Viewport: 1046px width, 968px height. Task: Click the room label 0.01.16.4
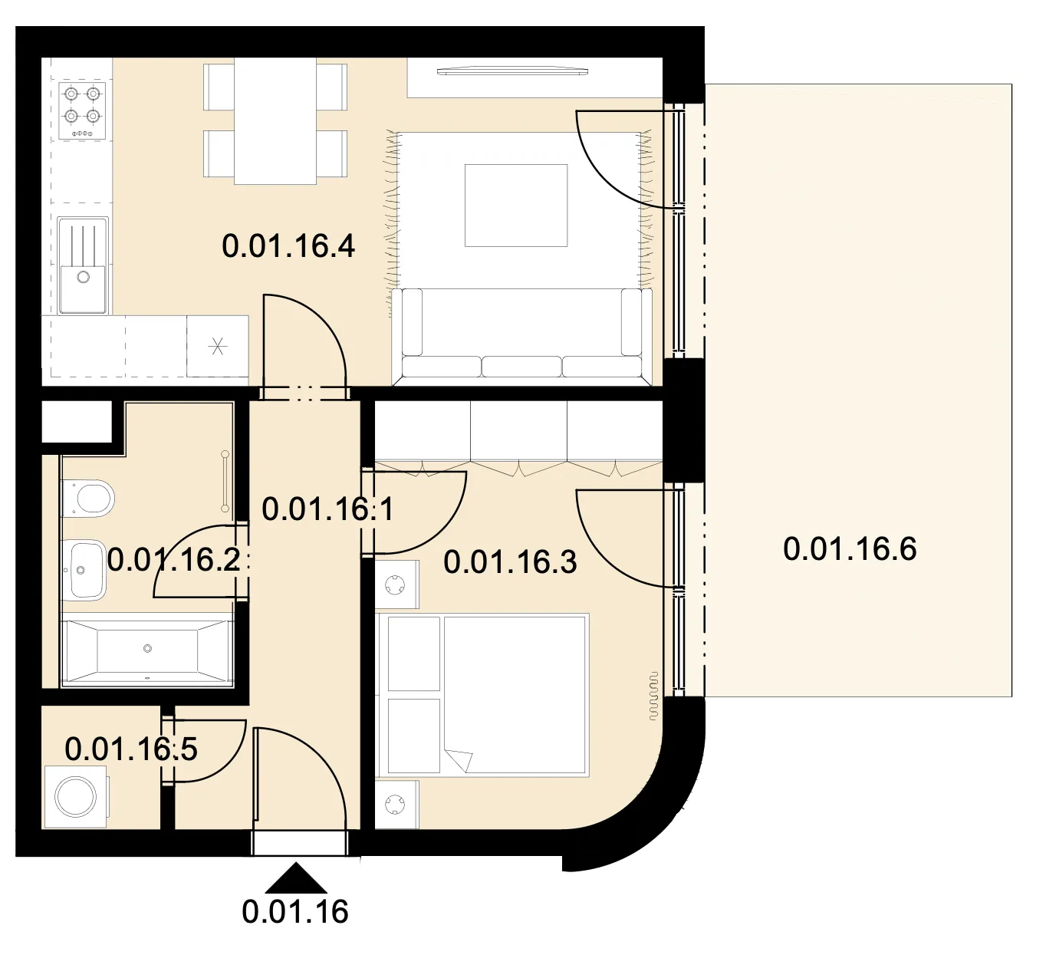click(288, 246)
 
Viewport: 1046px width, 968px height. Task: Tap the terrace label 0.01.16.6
click(850, 548)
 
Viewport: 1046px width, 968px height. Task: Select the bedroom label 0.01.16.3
click(510, 561)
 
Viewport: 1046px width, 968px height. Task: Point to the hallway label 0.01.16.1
click(327, 509)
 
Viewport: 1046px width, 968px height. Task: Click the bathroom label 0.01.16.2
click(174, 560)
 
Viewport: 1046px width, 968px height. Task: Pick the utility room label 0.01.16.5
click(131, 749)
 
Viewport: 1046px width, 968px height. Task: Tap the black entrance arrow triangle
click(295, 878)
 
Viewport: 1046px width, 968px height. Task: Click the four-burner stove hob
click(82, 110)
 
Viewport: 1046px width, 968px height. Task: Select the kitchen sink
click(83, 265)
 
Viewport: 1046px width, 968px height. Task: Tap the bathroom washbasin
click(84, 570)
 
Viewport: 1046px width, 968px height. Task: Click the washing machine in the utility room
click(77, 796)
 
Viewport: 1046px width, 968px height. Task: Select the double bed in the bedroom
click(482, 695)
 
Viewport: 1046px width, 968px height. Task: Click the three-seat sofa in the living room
click(522, 334)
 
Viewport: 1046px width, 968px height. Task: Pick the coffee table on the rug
click(516, 206)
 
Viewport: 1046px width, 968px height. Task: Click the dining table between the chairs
click(275, 120)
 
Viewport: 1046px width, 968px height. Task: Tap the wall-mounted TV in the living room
click(512, 71)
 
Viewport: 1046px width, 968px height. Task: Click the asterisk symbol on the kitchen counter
click(218, 346)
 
